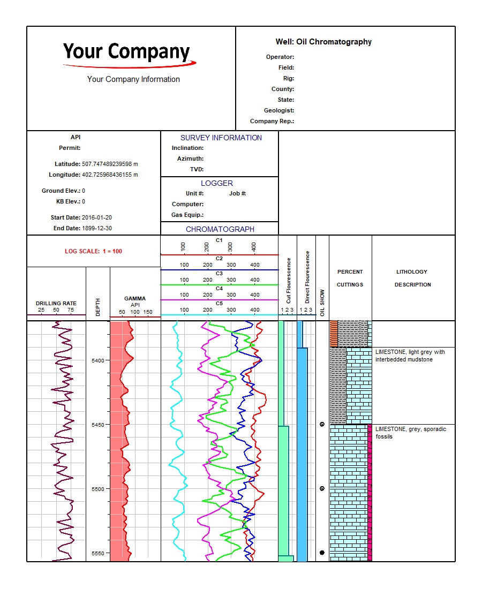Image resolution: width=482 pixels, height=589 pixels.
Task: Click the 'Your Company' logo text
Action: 126,51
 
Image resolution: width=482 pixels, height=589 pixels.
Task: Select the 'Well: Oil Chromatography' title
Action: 323,42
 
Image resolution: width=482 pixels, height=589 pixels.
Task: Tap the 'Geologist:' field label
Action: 278,110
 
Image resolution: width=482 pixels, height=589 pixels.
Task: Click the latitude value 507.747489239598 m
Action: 110,164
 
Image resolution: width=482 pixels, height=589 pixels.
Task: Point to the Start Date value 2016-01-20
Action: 96,217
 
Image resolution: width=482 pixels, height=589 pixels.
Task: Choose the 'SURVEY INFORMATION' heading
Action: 221,138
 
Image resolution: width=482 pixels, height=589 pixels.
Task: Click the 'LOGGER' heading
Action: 217,183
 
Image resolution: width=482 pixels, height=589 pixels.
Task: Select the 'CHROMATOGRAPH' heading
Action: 220,229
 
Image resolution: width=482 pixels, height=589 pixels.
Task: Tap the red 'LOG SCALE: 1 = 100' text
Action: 93,251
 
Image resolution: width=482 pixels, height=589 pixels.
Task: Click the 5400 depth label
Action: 97,360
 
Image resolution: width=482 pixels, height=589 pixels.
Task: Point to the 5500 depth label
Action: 97,489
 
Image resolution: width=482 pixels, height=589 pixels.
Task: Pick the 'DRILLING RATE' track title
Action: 56,304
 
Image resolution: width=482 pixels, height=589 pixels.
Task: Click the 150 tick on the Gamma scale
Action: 148,312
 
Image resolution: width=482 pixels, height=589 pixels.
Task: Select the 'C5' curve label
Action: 219,304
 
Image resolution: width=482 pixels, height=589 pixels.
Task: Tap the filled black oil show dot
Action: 322,553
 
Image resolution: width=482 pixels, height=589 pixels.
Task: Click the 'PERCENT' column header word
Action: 350,272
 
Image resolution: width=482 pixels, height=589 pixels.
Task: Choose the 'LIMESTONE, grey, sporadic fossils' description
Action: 411,433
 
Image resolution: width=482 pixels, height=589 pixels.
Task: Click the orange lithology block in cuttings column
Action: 334,334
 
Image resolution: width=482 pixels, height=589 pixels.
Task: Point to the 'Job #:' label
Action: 237,193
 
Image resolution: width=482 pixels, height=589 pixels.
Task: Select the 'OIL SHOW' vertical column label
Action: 322,303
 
